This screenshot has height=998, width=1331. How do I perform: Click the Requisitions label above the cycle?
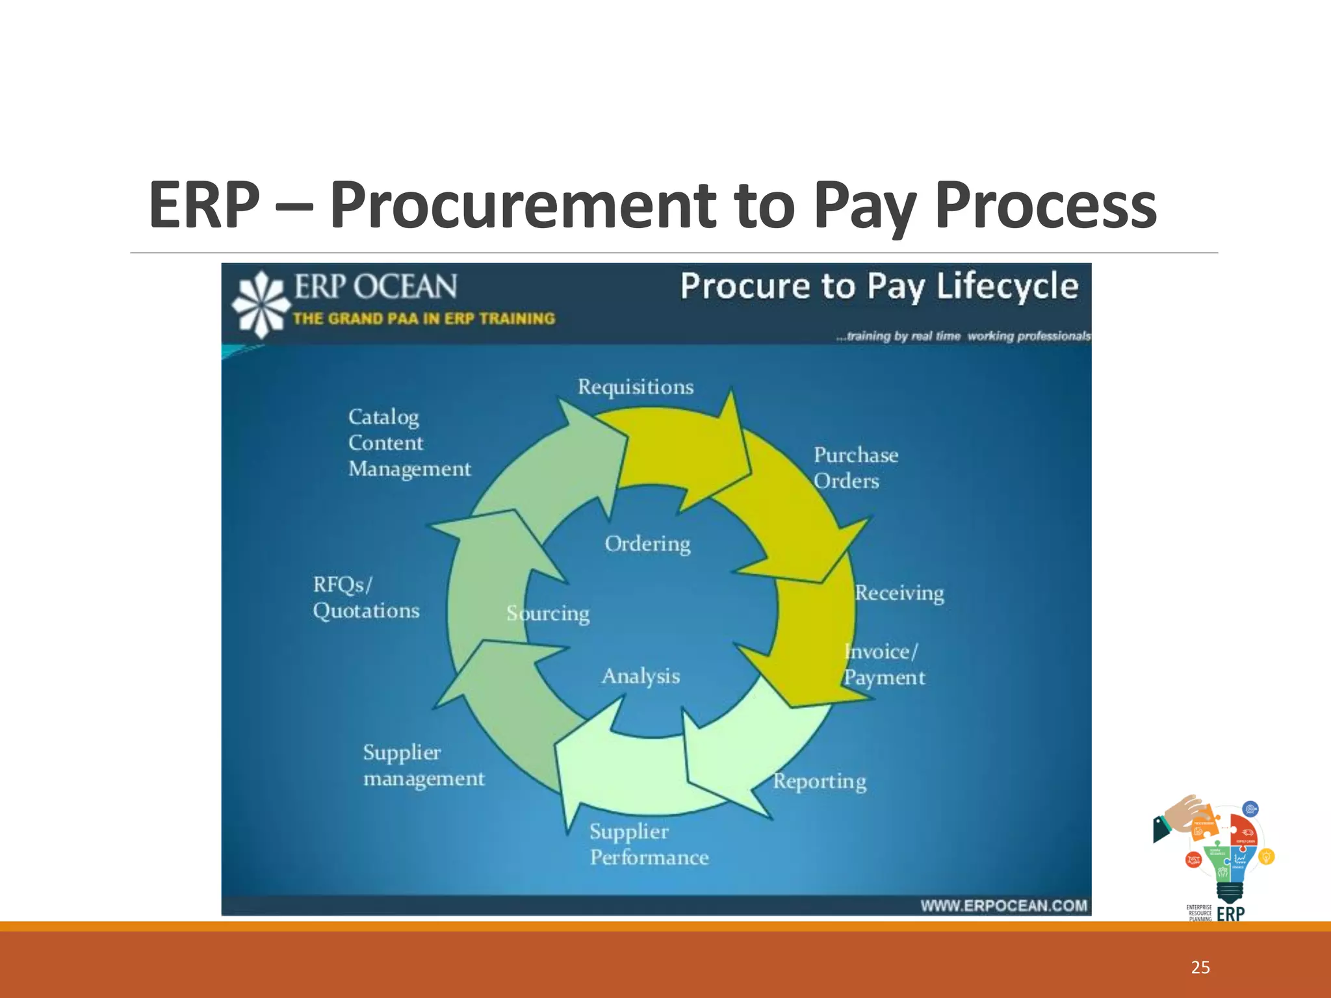(636, 387)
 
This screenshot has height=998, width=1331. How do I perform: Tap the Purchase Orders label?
(855, 468)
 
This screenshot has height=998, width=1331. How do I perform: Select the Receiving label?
(899, 593)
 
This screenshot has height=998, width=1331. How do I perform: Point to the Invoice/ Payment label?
(884, 665)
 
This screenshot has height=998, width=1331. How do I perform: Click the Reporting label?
(820, 781)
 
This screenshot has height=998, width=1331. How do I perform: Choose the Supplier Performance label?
(649, 845)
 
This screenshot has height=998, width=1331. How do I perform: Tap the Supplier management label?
(424, 765)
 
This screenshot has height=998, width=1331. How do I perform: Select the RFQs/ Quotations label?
(366, 598)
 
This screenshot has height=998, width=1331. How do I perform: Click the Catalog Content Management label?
(409, 443)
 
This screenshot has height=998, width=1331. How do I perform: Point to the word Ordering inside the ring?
(647, 544)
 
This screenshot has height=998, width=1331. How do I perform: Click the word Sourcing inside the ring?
(548, 613)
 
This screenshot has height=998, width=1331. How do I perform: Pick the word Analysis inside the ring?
(641, 676)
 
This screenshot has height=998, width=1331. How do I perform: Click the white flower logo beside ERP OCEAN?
(261, 304)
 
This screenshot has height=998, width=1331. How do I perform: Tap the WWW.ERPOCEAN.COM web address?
(1003, 906)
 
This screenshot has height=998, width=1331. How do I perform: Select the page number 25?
(1200, 967)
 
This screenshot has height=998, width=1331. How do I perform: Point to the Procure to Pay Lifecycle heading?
(879, 287)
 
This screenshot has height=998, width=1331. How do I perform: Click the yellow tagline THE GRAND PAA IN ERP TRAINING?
(424, 319)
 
